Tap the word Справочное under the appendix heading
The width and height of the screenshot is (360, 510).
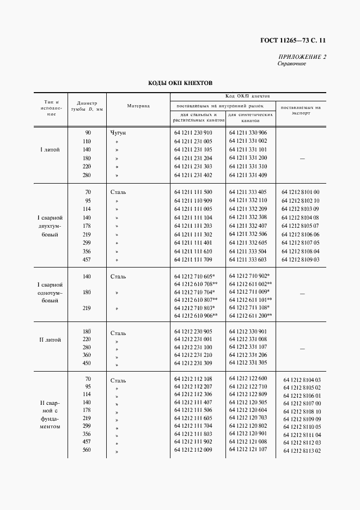tap(292, 64)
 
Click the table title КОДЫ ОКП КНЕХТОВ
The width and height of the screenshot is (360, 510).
tap(180, 83)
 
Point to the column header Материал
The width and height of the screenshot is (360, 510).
tap(138, 106)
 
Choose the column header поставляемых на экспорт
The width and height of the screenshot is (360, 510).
tap(301, 111)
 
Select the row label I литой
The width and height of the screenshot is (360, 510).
tap(50, 149)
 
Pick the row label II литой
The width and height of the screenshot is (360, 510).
tap(50, 339)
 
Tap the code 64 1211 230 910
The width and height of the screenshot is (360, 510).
tap(193, 132)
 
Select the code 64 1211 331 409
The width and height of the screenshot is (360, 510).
tap(248, 175)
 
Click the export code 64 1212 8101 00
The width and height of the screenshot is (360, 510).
tap(301, 192)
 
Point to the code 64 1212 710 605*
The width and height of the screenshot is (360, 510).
tap(195, 277)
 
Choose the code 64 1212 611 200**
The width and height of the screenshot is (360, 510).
tap(251, 315)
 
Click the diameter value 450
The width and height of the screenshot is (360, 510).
tap(87, 364)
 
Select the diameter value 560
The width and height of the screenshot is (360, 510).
tap(87, 450)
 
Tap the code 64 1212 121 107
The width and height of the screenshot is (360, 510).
tap(248, 450)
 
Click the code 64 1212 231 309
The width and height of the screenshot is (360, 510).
tap(193, 363)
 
